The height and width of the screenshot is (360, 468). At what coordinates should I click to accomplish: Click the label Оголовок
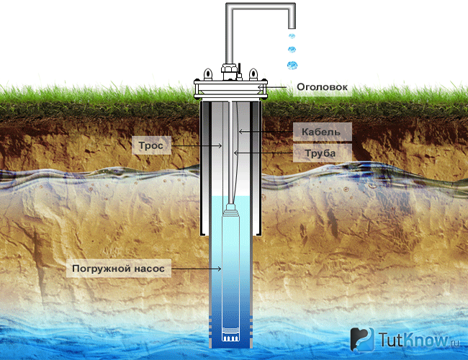click(x=322, y=87)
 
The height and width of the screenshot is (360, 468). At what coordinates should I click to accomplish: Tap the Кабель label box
click(x=323, y=132)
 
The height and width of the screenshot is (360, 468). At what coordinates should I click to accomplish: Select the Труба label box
click(x=323, y=153)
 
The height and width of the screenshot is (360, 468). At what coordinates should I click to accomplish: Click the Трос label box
click(x=151, y=145)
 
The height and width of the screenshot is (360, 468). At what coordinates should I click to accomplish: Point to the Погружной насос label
click(x=119, y=269)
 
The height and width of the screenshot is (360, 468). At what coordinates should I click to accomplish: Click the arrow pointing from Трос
click(x=197, y=145)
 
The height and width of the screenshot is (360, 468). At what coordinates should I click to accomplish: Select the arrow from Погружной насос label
click(x=196, y=269)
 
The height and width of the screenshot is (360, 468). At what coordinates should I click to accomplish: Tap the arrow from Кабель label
click(x=266, y=131)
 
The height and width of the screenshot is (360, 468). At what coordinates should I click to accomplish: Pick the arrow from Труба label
click(x=264, y=153)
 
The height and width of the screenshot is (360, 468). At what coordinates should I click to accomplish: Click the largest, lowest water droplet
click(x=292, y=65)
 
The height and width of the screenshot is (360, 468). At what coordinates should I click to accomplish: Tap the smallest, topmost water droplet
click(x=292, y=36)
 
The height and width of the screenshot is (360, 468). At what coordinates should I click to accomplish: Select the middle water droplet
click(x=292, y=49)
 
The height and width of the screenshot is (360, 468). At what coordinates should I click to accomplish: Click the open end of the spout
click(x=292, y=27)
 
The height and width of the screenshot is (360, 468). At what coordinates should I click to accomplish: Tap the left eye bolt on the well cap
click(x=208, y=73)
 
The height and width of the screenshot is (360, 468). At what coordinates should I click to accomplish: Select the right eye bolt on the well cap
click(x=253, y=73)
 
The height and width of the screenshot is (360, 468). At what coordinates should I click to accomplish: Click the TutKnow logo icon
click(x=362, y=339)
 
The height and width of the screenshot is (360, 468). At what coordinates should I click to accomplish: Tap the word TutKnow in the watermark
click(x=413, y=340)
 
